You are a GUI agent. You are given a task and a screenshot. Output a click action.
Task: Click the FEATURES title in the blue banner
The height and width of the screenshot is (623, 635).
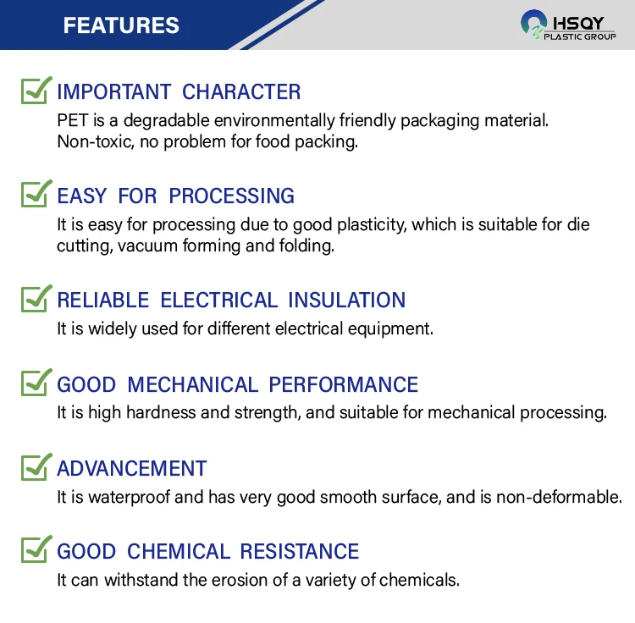(121, 25)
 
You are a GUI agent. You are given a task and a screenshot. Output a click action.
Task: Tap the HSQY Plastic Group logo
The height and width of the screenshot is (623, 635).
(568, 25)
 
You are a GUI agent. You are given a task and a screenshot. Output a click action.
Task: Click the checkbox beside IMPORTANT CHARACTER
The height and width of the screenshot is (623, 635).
(36, 90)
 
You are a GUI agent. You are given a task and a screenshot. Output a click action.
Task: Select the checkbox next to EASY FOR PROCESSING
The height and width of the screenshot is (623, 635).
(36, 194)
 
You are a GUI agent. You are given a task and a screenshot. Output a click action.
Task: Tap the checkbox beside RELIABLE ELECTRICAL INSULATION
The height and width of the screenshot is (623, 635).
(36, 298)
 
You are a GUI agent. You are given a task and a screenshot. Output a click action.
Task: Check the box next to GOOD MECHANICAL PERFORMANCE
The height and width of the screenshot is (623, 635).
(36, 382)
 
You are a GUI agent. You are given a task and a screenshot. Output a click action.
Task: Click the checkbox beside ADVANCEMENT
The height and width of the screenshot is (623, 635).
(36, 466)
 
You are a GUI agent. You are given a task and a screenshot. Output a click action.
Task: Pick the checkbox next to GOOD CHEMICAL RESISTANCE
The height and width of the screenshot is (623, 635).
(36, 549)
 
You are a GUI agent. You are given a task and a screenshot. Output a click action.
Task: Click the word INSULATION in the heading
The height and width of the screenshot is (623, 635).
(346, 300)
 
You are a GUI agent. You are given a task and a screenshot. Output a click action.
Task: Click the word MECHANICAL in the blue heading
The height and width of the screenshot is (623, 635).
(193, 384)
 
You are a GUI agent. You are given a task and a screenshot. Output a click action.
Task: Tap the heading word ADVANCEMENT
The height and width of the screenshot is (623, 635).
(132, 469)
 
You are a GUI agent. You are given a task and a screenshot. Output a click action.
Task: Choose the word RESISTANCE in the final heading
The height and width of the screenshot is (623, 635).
(300, 551)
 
